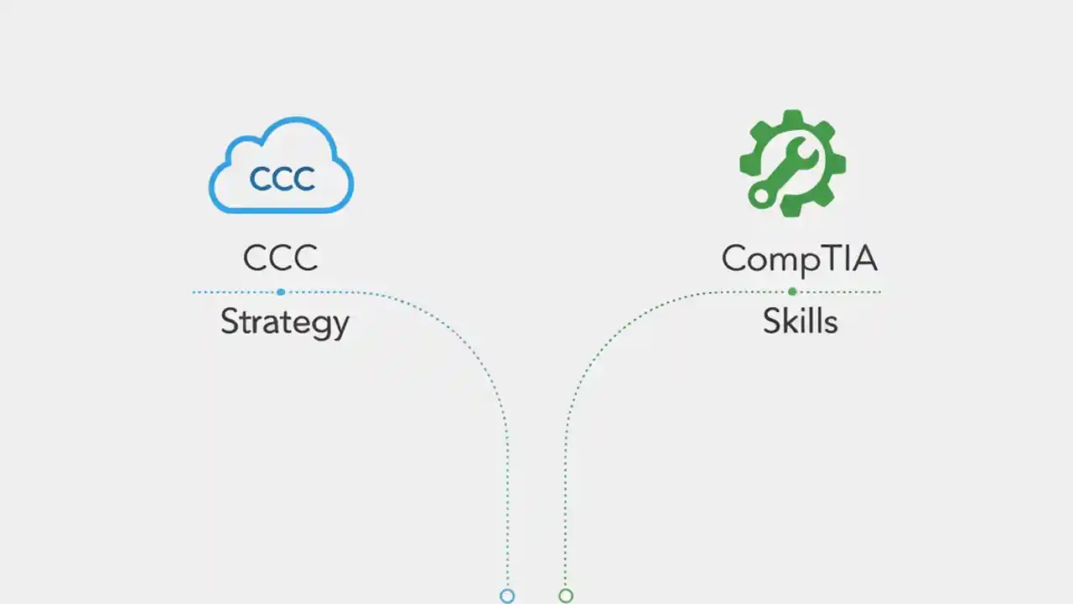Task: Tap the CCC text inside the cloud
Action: [x=282, y=178]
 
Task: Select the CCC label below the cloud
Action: [x=280, y=258]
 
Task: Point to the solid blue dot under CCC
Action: [x=281, y=292]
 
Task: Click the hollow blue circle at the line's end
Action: [x=507, y=596]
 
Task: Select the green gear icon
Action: [x=792, y=163]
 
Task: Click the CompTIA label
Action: [x=799, y=259]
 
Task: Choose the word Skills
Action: [x=800, y=322]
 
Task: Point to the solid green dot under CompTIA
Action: [x=792, y=292]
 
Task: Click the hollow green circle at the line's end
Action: [x=566, y=596]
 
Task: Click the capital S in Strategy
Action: [x=230, y=322]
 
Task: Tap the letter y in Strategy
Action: [x=340, y=327]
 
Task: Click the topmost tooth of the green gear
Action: [x=792, y=117]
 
